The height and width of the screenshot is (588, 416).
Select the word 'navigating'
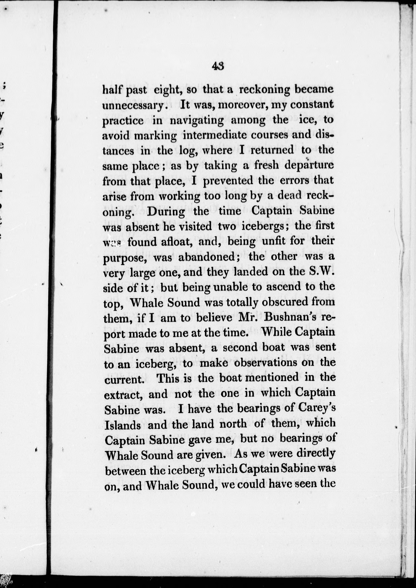(x=197, y=121)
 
